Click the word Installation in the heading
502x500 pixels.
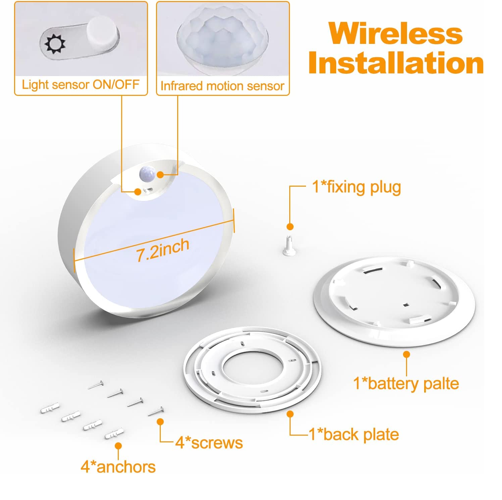[x=396, y=63]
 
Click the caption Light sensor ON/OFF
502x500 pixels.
[x=81, y=84]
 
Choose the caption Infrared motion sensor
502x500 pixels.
[x=222, y=86]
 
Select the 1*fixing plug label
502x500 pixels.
[x=356, y=187]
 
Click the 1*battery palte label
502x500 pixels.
[x=406, y=383]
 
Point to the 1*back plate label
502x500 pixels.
[x=354, y=434]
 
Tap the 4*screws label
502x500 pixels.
[x=209, y=442]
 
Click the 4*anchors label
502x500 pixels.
[x=118, y=467]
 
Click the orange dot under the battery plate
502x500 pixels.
[x=407, y=354]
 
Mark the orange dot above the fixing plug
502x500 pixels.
[x=290, y=227]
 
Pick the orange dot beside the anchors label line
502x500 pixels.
[x=118, y=446]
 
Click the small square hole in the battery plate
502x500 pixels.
[x=406, y=305]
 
